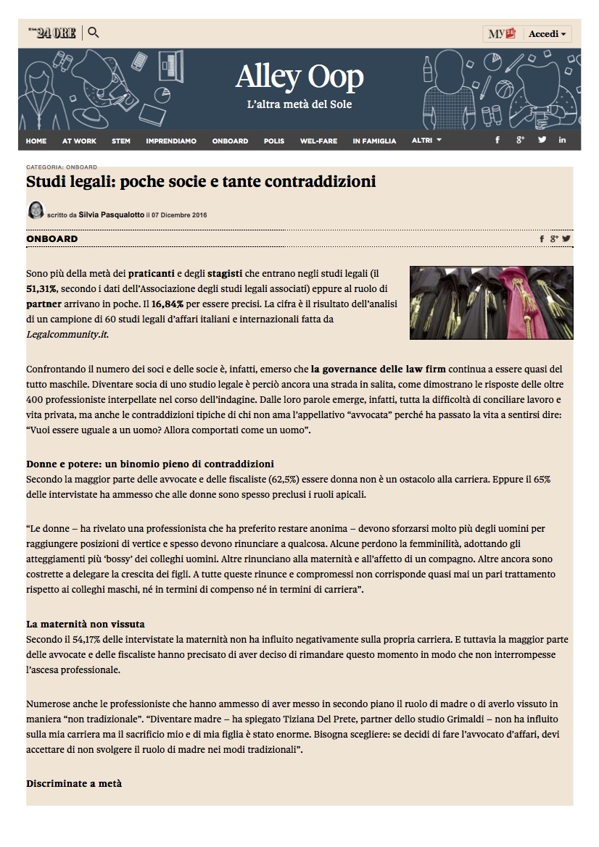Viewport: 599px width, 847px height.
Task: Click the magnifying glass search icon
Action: coord(93,33)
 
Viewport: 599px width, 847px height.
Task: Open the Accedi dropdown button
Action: coord(547,34)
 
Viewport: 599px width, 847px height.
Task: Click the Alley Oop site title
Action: coord(299,78)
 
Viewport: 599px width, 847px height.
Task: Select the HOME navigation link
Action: coord(36,141)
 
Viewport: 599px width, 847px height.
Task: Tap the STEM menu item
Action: coord(121,141)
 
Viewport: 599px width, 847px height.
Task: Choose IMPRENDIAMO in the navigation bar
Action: coord(171,141)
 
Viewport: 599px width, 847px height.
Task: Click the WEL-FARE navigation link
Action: coord(318,141)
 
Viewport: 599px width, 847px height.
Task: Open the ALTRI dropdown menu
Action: coord(426,141)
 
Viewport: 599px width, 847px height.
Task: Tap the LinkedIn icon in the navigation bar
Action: coord(562,140)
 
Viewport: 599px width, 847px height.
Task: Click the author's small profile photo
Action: coord(35,211)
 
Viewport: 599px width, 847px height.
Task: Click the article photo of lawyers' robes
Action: coord(491,302)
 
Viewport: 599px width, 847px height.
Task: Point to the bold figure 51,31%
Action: coord(46,289)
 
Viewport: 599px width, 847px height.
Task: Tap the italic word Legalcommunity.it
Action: coord(67,333)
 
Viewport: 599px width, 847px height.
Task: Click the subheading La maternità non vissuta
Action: coord(91,625)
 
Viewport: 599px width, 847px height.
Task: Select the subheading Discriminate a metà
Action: coord(74,783)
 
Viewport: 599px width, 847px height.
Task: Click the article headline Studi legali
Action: coord(201,181)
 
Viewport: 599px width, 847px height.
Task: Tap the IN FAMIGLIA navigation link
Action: coord(374,141)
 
